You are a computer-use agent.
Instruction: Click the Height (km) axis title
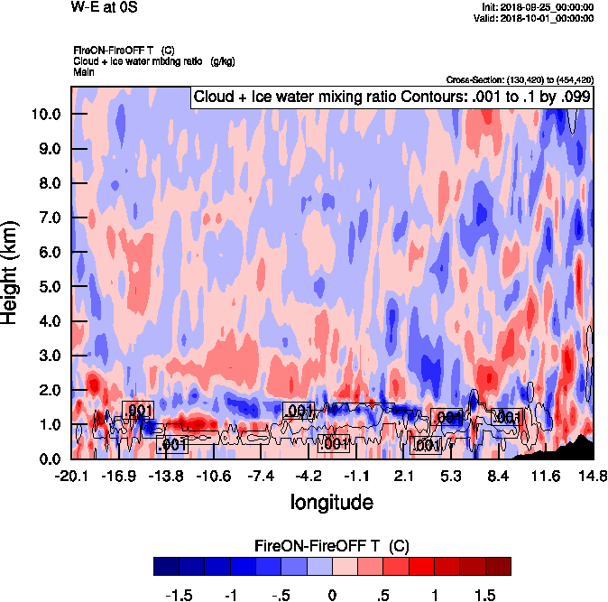click(x=12, y=272)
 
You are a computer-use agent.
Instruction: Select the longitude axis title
click(x=331, y=501)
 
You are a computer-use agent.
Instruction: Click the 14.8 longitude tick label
click(x=592, y=476)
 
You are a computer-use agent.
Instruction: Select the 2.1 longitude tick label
click(x=404, y=476)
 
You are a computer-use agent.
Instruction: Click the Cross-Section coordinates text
click(x=520, y=79)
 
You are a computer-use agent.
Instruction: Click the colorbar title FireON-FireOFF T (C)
click(x=333, y=546)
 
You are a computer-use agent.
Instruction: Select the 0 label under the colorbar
click(x=332, y=595)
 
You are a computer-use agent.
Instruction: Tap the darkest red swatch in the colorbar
click(x=499, y=566)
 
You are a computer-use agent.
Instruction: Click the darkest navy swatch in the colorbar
click(x=166, y=566)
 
